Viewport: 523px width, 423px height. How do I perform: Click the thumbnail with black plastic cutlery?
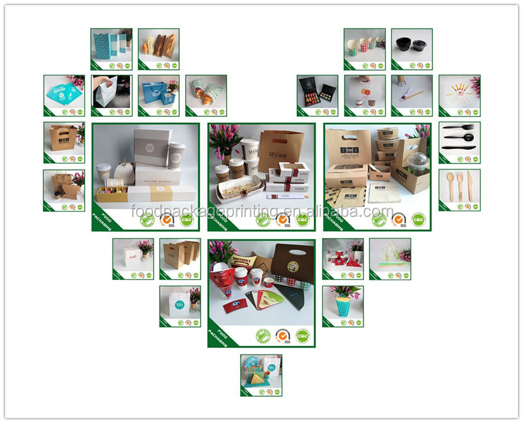point(459,143)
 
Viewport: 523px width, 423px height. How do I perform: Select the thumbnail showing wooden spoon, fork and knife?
point(459,190)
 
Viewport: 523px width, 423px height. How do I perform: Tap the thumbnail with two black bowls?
point(411,49)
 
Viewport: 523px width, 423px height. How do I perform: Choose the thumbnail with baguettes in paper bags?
point(158,49)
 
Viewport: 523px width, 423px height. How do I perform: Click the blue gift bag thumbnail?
point(158,95)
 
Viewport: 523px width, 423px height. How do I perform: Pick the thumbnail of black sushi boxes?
point(317,95)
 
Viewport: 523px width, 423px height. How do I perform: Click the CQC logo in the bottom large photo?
point(302,335)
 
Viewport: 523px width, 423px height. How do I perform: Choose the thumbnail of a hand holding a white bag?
point(111,95)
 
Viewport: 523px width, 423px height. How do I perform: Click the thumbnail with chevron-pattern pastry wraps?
point(205,95)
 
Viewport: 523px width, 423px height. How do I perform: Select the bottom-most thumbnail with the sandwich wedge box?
point(261,375)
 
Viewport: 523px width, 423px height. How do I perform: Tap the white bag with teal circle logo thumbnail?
point(179,306)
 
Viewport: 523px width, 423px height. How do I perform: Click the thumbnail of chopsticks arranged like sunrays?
point(459,95)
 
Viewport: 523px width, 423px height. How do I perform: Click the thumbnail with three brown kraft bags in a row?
point(179,259)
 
